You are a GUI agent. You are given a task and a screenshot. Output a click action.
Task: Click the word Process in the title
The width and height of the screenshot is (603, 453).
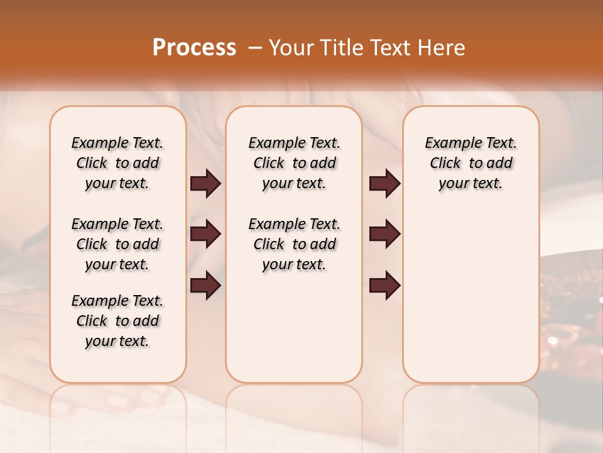pos(194,48)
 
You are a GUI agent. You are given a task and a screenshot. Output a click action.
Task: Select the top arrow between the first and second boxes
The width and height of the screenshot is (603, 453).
pos(205,183)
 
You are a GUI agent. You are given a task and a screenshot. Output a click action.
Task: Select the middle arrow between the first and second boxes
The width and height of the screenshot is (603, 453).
pos(205,234)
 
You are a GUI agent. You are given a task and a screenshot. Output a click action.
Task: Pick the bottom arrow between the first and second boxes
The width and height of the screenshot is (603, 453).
pos(205,286)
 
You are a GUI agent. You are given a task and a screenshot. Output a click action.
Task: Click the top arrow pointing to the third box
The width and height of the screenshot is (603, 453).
pos(384,183)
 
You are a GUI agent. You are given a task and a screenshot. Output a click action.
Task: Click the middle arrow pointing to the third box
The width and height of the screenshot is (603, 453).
pos(384,234)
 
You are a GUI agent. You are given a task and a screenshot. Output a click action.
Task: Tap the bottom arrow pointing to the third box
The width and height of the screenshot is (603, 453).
pos(384,286)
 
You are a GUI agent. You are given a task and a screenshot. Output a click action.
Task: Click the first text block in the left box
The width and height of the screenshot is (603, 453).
pos(117,163)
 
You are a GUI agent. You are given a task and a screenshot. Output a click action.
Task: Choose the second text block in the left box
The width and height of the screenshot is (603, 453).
pos(117,244)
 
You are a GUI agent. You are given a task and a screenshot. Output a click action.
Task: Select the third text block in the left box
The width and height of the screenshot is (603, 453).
pos(117,321)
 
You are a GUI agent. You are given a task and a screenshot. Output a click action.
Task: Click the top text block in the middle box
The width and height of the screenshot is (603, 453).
pos(294,163)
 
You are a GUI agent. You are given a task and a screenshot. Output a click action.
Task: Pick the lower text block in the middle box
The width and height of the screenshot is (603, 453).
pos(294,244)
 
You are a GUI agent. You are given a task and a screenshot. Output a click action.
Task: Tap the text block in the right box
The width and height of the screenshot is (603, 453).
pos(470,163)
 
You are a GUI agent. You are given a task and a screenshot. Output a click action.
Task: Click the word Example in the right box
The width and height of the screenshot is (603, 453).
pos(448,143)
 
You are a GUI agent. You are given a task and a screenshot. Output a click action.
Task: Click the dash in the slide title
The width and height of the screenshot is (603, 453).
pos(255,48)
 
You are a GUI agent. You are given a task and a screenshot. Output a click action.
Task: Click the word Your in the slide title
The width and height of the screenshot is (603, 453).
pos(292,48)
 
